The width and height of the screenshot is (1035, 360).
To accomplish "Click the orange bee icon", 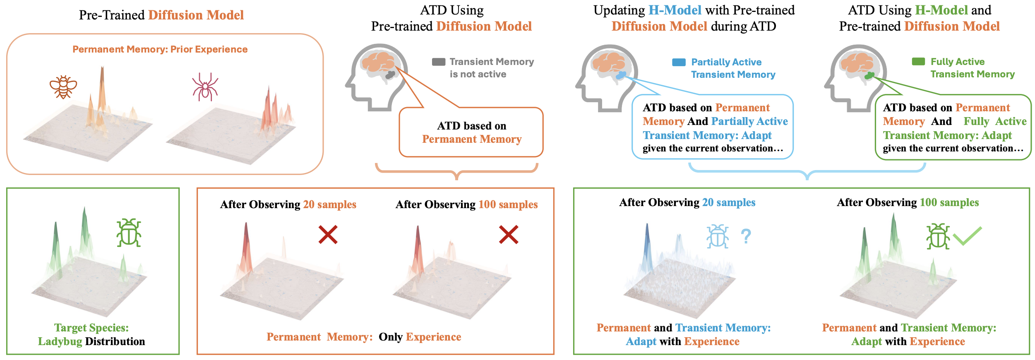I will pyautogui.click(x=63, y=87).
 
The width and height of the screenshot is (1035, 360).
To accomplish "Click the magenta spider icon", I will pyautogui.click(x=205, y=87).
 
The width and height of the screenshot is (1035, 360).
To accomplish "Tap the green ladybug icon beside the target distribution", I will pyautogui.click(x=129, y=233).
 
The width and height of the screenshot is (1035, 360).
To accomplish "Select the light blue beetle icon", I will pyautogui.click(x=718, y=236).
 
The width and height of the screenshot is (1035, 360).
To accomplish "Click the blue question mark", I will pyautogui.click(x=746, y=236).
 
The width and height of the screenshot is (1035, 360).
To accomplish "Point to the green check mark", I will pyautogui.click(x=967, y=236).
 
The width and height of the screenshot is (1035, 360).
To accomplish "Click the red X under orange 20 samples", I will pyautogui.click(x=328, y=235).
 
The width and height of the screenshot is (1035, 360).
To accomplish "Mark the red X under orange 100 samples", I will pyautogui.click(x=509, y=235).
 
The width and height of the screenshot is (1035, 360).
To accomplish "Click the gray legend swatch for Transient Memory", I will pyautogui.click(x=439, y=62).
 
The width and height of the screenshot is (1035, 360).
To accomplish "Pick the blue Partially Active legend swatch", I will pyautogui.click(x=679, y=62).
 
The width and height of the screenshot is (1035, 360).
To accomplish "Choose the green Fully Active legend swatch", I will pyautogui.click(x=918, y=61).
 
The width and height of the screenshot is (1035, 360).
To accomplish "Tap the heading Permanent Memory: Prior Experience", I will pyautogui.click(x=160, y=49).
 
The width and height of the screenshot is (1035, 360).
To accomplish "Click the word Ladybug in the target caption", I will pyautogui.click(x=60, y=341).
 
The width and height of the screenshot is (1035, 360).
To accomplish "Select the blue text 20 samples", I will pyautogui.click(x=729, y=202).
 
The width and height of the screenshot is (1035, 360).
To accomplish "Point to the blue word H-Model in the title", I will pyautogui.click(x=675, y=10).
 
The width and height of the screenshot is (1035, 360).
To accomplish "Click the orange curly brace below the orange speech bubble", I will pyautogui.click(x=456, y=172).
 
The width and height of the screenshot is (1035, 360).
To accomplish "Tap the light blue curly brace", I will pyautogui.click(x=807, y=172).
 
